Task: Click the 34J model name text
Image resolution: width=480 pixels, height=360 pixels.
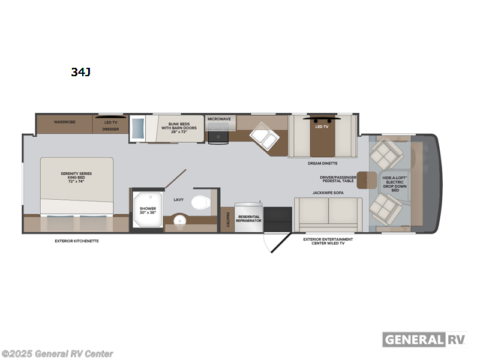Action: point(80,72)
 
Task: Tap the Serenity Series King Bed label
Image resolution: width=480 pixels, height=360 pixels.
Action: point(76,178)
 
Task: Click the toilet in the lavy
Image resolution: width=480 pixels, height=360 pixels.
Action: point(200,202)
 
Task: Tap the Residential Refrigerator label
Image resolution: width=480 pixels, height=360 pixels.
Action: point(250,218)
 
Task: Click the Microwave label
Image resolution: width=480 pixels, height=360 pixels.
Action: point(219,119)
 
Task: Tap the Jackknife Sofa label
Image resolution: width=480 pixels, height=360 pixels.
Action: point(327,193)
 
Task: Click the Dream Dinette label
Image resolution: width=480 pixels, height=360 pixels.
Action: point(323,163)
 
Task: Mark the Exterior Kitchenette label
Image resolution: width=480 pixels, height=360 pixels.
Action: point(76,241)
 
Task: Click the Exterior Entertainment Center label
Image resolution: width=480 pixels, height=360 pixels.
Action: point(328,241)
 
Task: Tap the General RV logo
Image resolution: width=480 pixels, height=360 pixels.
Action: point(425,339)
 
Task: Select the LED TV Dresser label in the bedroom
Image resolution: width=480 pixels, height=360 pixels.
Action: point(110,125)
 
